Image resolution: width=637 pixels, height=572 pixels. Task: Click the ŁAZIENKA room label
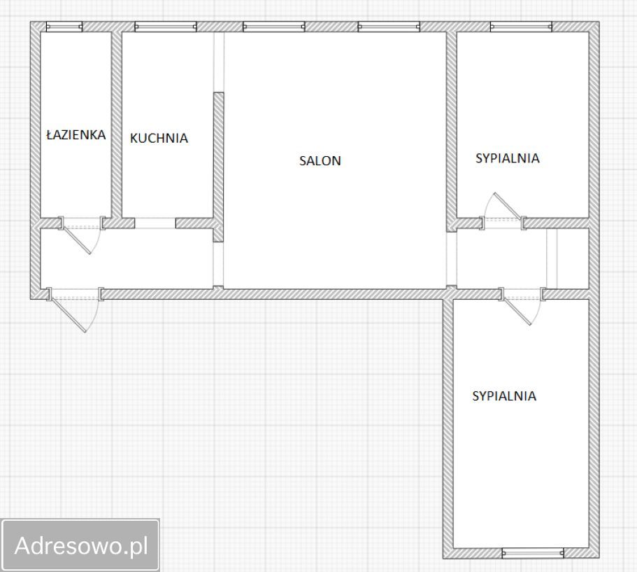[x=76, y=134]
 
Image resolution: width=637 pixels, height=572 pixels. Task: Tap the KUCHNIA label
[x=159, y=139]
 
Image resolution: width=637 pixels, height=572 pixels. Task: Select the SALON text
[x=320, y=161]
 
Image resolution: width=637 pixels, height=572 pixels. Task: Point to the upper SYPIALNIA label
[x=508, y=158]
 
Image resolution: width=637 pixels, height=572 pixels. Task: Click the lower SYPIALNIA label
[x=504, y=396]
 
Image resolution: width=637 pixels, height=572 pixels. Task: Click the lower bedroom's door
[x=522, y=305]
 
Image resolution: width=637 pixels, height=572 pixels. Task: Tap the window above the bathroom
[x=64, y=27]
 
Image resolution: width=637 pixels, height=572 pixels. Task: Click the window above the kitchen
[x=166, y=27]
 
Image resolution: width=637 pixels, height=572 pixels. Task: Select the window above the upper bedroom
[x=521, y=27]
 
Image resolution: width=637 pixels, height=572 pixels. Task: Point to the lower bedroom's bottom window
[x=533, y=553]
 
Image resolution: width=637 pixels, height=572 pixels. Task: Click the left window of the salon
[x=274, y=27]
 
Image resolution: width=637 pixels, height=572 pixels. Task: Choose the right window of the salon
[x=389, y=27]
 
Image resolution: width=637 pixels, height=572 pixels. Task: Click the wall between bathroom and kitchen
[x=117, y=124]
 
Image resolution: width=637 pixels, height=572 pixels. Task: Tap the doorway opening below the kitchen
[x=155, y=223]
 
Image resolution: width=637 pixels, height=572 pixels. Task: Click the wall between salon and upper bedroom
[x=451, y=132]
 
